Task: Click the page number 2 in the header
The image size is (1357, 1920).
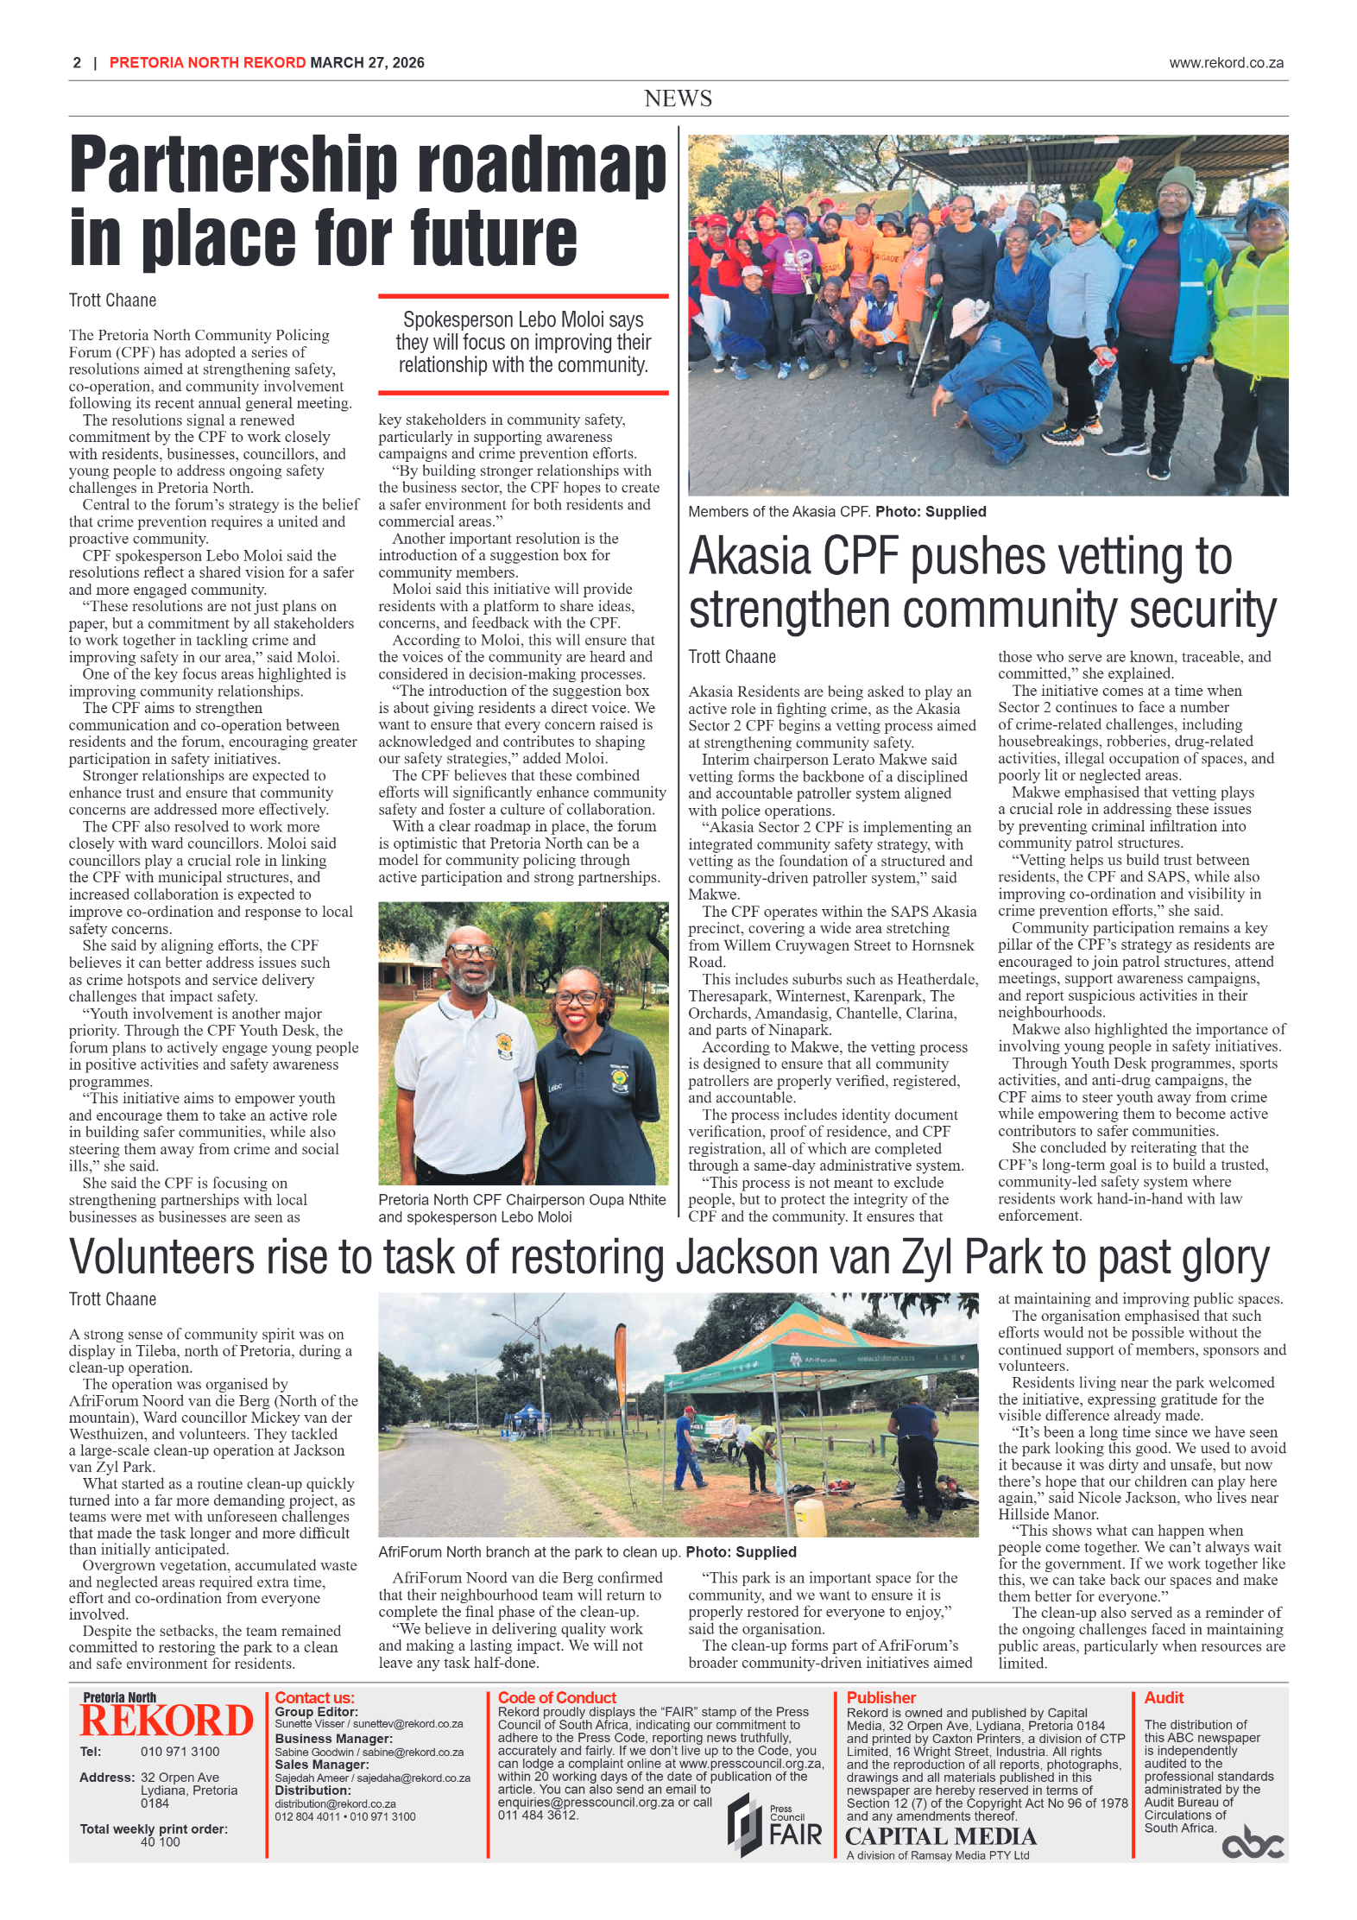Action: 77,63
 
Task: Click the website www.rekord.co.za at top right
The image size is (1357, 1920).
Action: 1226,63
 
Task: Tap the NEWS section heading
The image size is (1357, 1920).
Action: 678,98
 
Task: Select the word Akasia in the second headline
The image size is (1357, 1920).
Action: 748,557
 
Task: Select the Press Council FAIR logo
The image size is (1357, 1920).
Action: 774,1825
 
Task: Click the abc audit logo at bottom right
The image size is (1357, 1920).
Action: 1252,1843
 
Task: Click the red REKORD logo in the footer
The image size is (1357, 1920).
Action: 167,1721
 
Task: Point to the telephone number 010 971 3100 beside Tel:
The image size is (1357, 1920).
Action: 180,1752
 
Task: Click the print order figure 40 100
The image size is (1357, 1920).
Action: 160,1841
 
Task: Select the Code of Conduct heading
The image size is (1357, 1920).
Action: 557,1698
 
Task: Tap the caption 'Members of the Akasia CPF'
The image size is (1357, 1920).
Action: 778,512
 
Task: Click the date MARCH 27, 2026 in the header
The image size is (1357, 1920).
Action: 367,63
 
